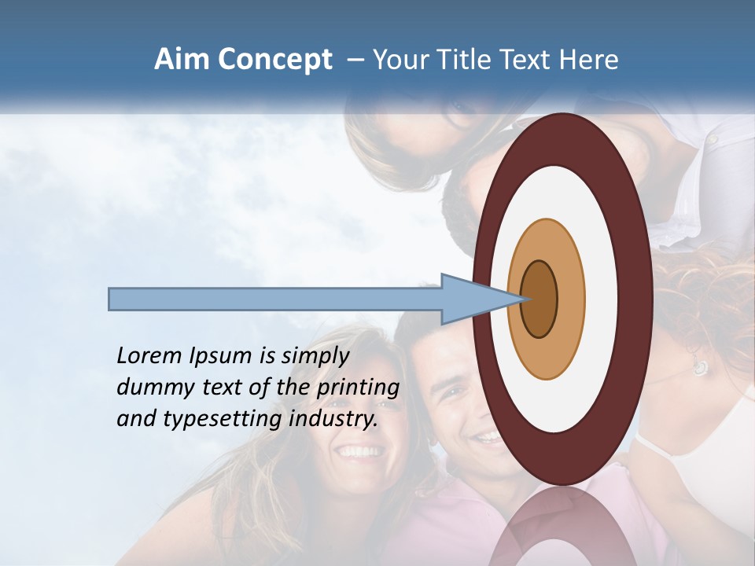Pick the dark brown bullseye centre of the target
540,299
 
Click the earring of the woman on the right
699,367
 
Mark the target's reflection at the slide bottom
562,527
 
